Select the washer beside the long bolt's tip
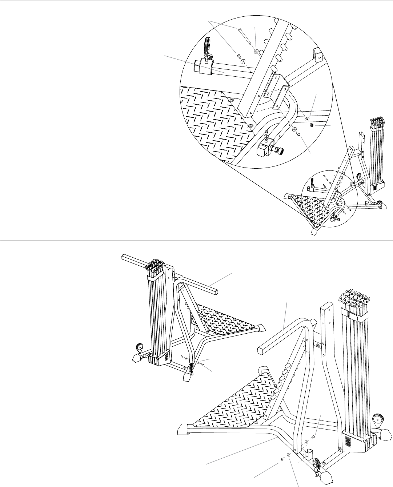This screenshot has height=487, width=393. (257, 51)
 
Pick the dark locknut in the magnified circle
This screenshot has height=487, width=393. (312, 125)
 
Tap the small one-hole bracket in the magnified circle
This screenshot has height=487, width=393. (317, 56)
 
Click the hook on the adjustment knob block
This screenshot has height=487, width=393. (268, 137)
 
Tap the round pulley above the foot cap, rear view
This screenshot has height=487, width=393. (139, 347)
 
